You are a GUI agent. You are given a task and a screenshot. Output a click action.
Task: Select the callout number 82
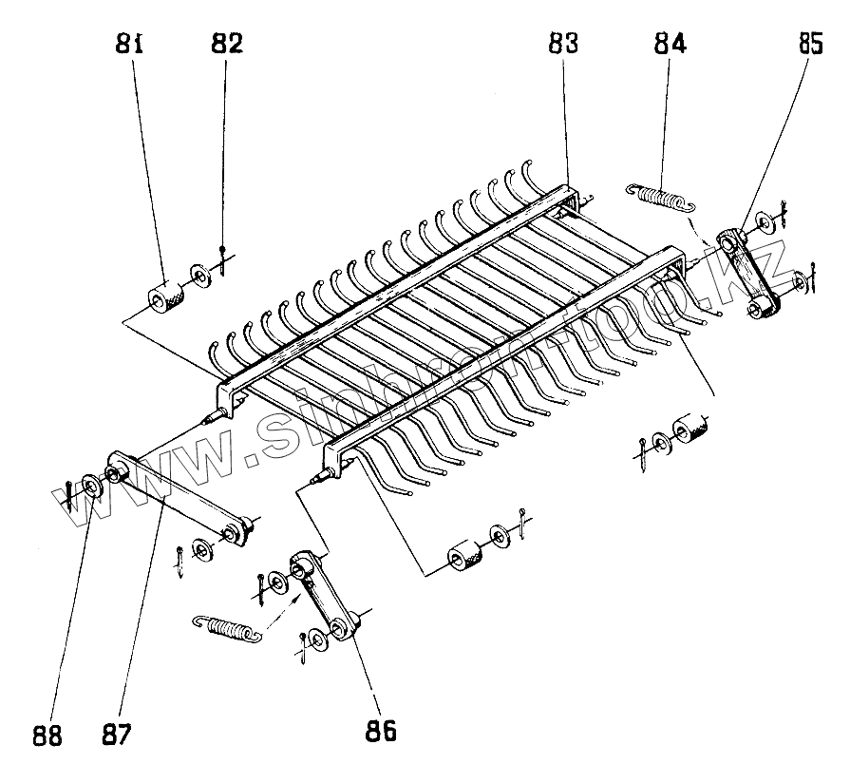pos(226,44)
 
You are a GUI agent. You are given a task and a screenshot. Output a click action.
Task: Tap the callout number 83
pos(564,44)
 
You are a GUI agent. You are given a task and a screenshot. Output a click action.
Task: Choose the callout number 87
pos(119,735)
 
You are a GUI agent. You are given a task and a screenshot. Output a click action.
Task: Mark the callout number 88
pos(47,735)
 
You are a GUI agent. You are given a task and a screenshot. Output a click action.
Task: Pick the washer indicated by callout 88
pos(92,487)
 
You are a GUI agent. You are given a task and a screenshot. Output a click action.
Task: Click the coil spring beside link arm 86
pos(225,628)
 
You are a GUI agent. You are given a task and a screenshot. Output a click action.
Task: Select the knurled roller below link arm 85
pos(691,430)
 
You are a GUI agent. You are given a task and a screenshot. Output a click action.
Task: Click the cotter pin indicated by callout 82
pos(222,260)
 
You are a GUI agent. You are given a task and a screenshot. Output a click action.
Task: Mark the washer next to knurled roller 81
pos(199,277)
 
